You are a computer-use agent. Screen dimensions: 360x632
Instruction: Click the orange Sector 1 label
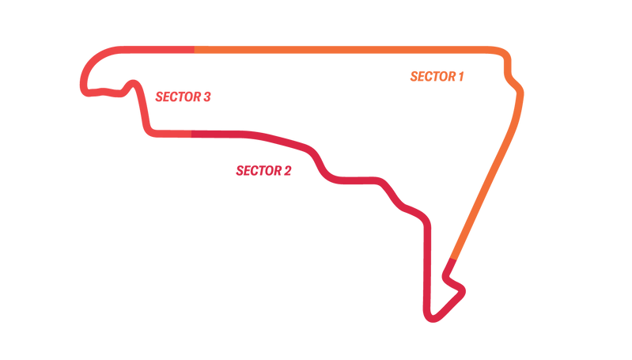[436, 77]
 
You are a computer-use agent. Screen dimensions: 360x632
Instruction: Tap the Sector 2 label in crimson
[263, 170]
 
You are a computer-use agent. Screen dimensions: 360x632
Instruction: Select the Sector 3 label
[183, 97]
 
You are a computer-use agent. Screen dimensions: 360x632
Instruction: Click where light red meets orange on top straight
[195, 50]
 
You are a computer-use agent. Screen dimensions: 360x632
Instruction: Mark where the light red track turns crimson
[191, 134]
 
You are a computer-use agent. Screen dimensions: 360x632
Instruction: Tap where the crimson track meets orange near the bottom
[452, 259]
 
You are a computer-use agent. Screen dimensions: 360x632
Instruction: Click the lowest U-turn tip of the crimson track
[432, 318]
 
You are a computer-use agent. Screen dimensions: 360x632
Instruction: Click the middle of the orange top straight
[348, 50]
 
